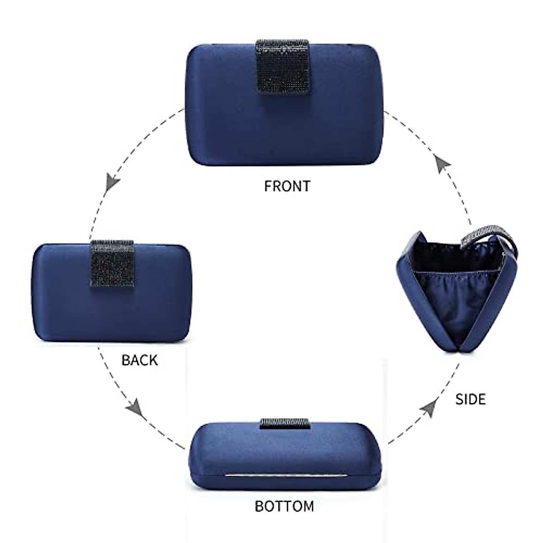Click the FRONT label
pyautogui.click(x=287, y=186)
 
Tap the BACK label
pyautogui.click(x=140, y=360)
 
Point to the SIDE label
pyautogui.click(x=471, y=399)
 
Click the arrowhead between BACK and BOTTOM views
pyautogui.click(x=135, y=409)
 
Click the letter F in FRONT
pyautogui.click(x=267, y=186)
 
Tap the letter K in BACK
pyautogui.click(x=153, y=360)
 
